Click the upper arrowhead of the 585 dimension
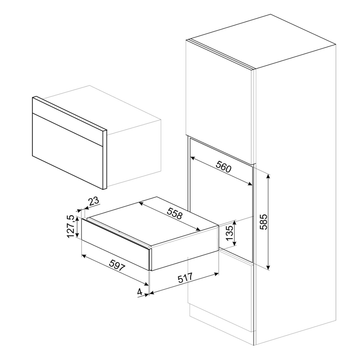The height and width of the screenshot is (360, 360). [268, 176]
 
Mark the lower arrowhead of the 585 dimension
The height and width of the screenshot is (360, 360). [268, 267]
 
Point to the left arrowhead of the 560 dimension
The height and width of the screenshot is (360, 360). [193, 158]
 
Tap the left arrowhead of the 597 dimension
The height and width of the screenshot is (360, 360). [85, 256]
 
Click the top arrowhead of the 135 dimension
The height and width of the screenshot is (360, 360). [235, 223]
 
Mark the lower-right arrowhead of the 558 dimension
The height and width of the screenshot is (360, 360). [198, 229]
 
